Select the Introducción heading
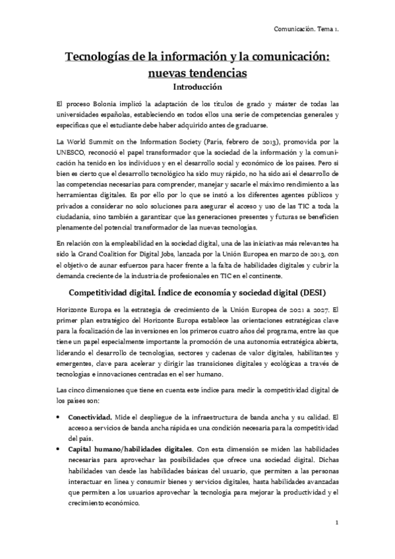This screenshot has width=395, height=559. (197, 86)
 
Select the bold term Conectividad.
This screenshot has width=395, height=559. (89, 417)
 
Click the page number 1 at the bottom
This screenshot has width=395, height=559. (336, 524)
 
